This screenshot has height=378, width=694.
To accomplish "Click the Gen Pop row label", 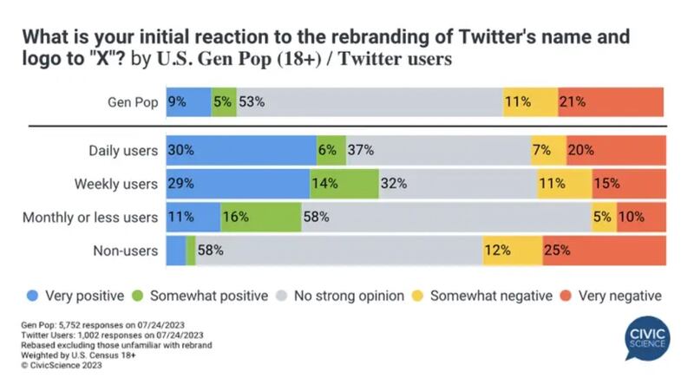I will (x=129, y=102).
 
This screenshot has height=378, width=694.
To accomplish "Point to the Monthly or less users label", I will (x=90, y=217).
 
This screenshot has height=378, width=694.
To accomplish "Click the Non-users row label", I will (x=125, y=251).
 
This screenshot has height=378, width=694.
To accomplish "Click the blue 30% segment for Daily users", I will (x=241, y=150).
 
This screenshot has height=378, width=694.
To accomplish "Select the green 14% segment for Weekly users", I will (x=344, y=184).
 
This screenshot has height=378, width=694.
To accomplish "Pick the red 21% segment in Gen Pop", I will (x=611, y=102).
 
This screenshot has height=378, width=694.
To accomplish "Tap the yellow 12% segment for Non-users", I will (x=512, y=251).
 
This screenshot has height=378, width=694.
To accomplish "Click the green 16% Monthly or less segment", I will (x=259, y=217).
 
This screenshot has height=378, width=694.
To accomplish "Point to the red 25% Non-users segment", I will (x=603, y=251).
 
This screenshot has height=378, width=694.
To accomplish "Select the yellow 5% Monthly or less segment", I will (x=604, y=217).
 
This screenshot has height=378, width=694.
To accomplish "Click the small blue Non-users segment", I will (x=175, y=251).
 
